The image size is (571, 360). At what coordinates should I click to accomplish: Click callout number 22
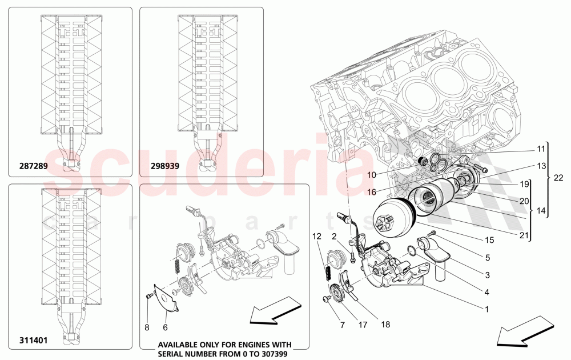click(x=558, y=178)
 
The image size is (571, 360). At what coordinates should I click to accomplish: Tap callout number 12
click(x=316, y=236)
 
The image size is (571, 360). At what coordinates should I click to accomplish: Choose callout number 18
click(x=386, y=324)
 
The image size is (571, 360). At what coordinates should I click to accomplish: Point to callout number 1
click(x=486, y=310)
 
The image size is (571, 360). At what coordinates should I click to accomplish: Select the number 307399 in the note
click(x=271, y=353)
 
